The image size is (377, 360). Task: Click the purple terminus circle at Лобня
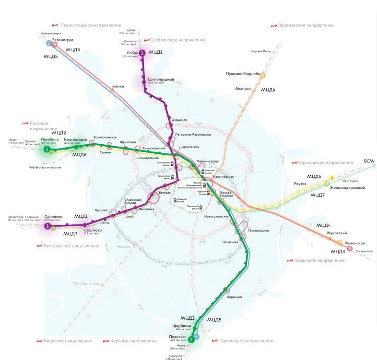142,53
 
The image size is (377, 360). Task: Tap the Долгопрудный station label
161,79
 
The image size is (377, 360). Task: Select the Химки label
118,86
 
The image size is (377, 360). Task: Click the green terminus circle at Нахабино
47,150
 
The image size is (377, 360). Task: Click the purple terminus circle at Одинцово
47,226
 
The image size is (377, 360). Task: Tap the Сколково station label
93,230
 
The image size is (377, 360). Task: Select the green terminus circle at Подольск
191,340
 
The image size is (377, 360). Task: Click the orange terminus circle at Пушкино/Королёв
262,74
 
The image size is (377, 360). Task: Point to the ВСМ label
369,161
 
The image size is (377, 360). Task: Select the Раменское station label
354,243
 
